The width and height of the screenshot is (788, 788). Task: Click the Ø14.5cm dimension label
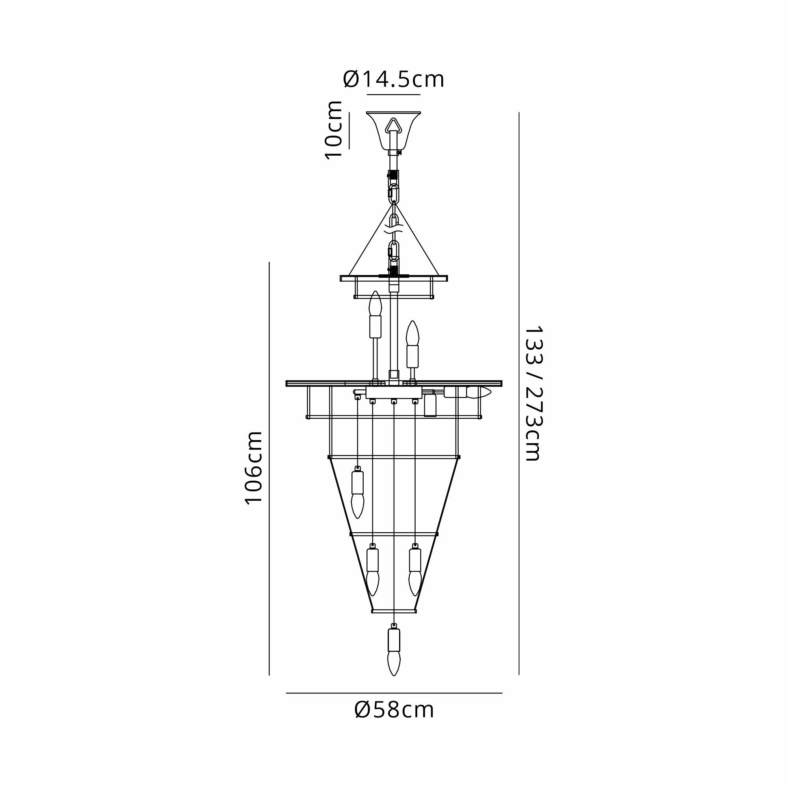[394, 79]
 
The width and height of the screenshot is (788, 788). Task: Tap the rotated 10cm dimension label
[334, 130]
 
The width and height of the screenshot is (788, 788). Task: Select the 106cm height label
[253, 468]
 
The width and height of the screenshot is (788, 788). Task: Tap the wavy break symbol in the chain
[394, 229]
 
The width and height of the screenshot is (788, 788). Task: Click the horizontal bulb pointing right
[467, 392]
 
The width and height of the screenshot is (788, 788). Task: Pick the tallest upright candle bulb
[375, 314]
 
